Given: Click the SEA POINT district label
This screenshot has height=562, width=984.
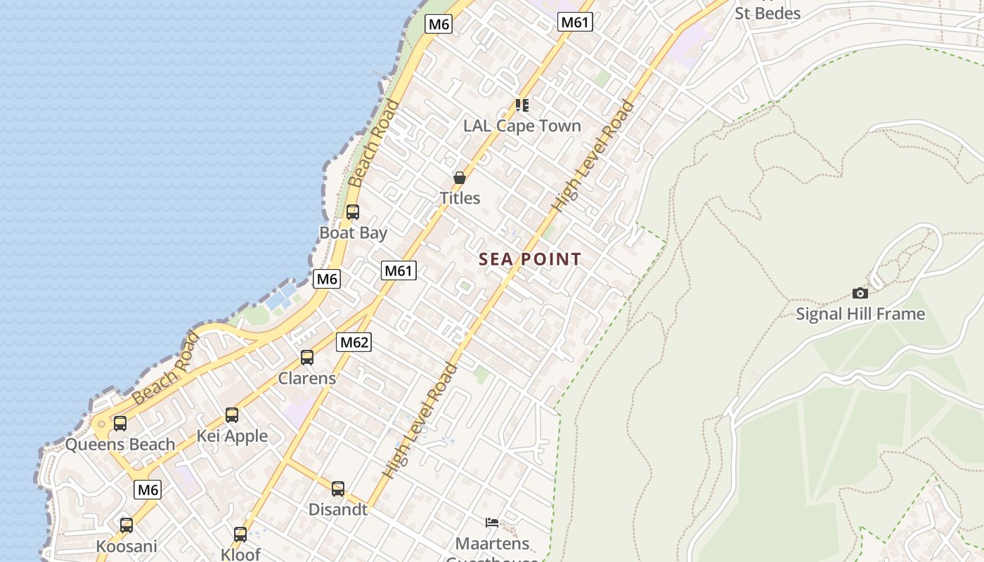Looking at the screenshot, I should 530,259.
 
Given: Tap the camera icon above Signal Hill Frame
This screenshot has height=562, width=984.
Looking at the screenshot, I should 860,293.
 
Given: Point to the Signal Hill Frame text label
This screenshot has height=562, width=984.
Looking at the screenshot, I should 860,313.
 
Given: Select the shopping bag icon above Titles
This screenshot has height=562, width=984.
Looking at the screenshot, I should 460,178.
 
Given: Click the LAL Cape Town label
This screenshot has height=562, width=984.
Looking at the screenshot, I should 522,126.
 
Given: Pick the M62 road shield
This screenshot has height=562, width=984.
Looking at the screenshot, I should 354,342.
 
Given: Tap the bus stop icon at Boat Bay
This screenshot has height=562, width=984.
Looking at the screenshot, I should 353,211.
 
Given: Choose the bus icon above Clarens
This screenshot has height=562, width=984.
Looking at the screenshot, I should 307,358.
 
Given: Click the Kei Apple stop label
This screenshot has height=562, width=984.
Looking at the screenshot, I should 232,436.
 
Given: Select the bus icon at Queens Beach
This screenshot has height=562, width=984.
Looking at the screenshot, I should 120,424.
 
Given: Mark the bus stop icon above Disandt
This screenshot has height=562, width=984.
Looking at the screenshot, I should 338,489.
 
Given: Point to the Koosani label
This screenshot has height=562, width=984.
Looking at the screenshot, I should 127,546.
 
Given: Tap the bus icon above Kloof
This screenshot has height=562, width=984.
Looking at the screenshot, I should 240,535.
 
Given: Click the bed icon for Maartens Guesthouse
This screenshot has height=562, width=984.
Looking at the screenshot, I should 492,522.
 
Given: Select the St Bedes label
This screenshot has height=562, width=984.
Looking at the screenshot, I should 768,13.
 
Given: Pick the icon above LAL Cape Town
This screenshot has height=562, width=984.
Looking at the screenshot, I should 522,105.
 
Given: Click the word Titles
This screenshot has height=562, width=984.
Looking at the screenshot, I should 460,198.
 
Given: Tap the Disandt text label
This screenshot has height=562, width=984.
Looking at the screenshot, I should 338,509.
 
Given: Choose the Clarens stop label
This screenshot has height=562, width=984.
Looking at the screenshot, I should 307,378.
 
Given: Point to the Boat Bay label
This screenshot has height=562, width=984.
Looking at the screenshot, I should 353,233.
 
